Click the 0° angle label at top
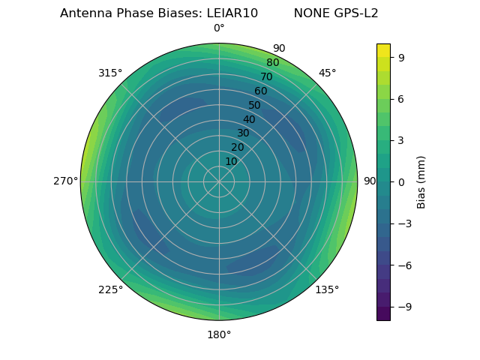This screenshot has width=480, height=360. click(x=219, y=28)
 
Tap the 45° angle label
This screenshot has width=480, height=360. click(x=327, y=73)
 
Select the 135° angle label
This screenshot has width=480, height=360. click(x=327, y=289)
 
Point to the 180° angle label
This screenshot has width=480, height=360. click(x=219, y=334)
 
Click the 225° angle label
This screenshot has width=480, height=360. click(x=110, y=289)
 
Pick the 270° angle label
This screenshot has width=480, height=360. click(x=66, y=181)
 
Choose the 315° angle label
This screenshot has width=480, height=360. click(x=110, y=73)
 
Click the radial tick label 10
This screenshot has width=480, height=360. click(x=231, y=161)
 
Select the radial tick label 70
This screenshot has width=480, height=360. click(x=266, y=76)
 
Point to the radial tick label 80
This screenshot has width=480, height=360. click(x=272, y=62)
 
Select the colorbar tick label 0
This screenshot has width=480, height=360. click(x=401, y=181)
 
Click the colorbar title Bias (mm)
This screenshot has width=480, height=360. click(x=421, y=181)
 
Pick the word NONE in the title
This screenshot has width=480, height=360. click(x=308, y=13)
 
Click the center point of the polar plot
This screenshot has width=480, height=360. click(x=219, y=181)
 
